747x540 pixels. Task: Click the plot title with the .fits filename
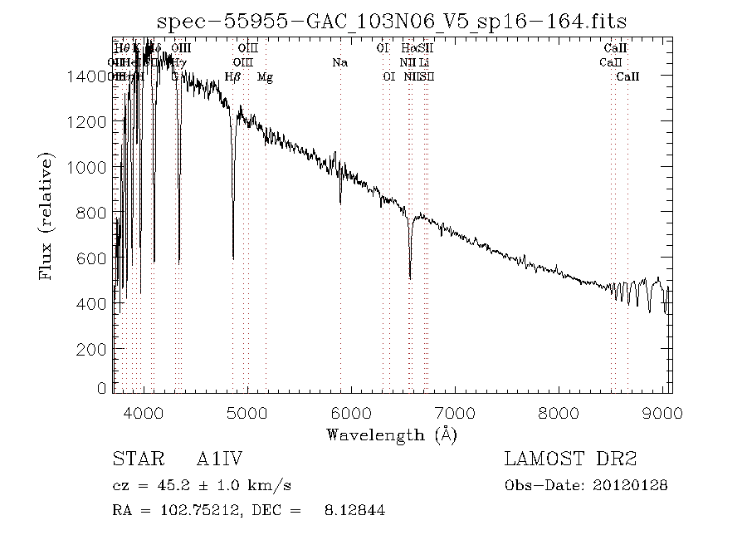pyautogui.click(x=392, y=20)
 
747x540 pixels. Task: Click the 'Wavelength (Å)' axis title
pyautogui.click(x=392, y=434)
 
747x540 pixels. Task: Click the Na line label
pyautogui.click(x=339, y=62)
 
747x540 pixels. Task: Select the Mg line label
pyautogui.click(x=265, y=77)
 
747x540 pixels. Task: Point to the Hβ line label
pyautogui.click(x=232, y=77)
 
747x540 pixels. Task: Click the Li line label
pyautogui.click(x=424, y=62)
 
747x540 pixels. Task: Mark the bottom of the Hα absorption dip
pyautogui.click(x=410, y=277)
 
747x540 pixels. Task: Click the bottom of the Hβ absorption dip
pyautogui.click(x=233, y=258)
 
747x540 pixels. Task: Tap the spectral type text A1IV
pyautogui.click(x=219, y=459)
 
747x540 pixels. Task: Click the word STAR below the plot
pyautogui.click(x=134, y=459)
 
